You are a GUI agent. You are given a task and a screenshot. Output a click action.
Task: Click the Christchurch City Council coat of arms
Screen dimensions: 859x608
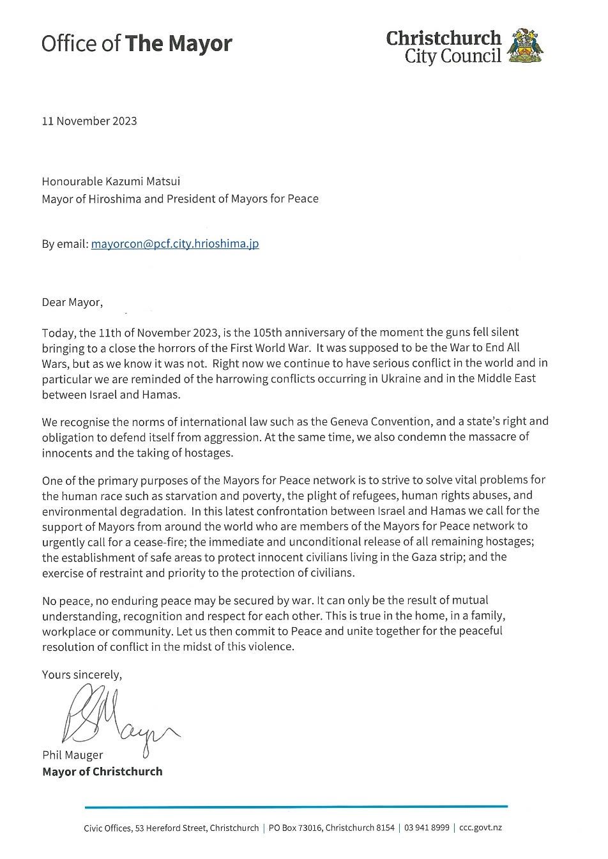(525, 45)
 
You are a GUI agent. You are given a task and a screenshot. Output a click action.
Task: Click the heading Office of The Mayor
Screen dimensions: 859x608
(137, 43)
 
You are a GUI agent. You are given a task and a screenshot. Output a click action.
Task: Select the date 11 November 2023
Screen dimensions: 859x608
(89, 121)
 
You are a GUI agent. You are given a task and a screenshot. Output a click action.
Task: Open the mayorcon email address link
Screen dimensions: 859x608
(175, 243)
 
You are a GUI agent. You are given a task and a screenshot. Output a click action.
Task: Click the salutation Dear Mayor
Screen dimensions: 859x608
(72, 302)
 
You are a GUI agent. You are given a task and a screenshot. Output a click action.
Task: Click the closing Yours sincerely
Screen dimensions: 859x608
(81, 674)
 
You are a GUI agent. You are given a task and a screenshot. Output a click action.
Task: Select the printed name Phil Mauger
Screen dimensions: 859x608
(72, 755)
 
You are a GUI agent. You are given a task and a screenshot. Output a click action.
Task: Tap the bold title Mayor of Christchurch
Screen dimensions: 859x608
(102, 771)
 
